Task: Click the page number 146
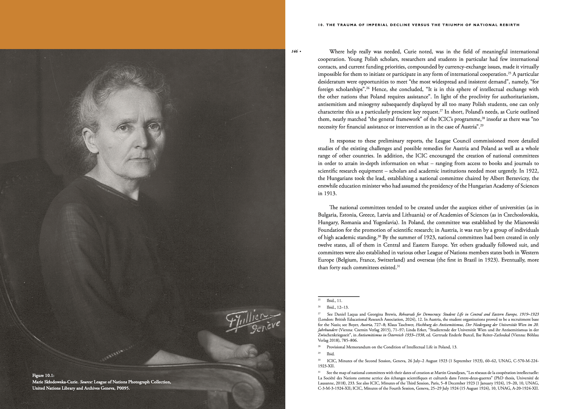[x=294, y=51]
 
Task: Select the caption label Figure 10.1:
[x=43, y=375]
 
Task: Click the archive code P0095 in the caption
[x=123, y=388]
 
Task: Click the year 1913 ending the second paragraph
[x=329, y=193]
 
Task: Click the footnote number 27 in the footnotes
[x=319, y=314]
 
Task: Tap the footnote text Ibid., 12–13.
[x=337, y=307]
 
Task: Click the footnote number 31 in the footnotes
[x=319, y=372]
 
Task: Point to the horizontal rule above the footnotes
[x=338, y=296]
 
